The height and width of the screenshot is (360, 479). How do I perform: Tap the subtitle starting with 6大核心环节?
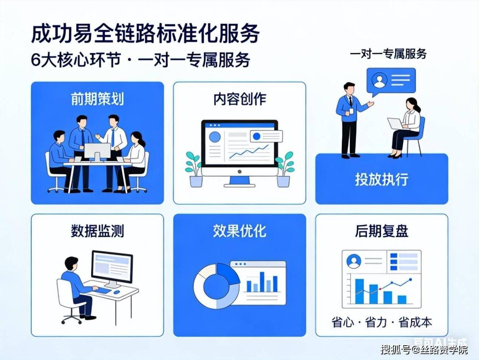coord(141,60)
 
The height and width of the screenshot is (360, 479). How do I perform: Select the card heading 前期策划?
coord(97,99)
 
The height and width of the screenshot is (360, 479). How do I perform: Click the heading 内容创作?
coord(240,99)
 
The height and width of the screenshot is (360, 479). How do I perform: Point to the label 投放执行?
coord(382,180)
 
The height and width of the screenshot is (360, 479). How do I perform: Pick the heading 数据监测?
coord(97,231)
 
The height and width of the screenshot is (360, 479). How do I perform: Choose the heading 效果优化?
coord(240,231)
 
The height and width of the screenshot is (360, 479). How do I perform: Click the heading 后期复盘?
coord(382,231)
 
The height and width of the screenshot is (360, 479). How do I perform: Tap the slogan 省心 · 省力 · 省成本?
coord(382,322)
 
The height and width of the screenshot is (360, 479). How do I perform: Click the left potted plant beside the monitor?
coord(194,169)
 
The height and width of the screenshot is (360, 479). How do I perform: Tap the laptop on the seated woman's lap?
coord(395,124)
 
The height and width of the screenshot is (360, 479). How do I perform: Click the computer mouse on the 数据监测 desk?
coord(116,292)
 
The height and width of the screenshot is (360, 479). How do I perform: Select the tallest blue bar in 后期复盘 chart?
coord(360,291)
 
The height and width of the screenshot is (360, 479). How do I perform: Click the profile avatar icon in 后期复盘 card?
coord(354,261)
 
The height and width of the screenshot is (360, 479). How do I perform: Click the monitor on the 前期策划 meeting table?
coord(97,150)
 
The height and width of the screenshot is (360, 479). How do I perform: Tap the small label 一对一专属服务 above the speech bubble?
coord(388,54)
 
